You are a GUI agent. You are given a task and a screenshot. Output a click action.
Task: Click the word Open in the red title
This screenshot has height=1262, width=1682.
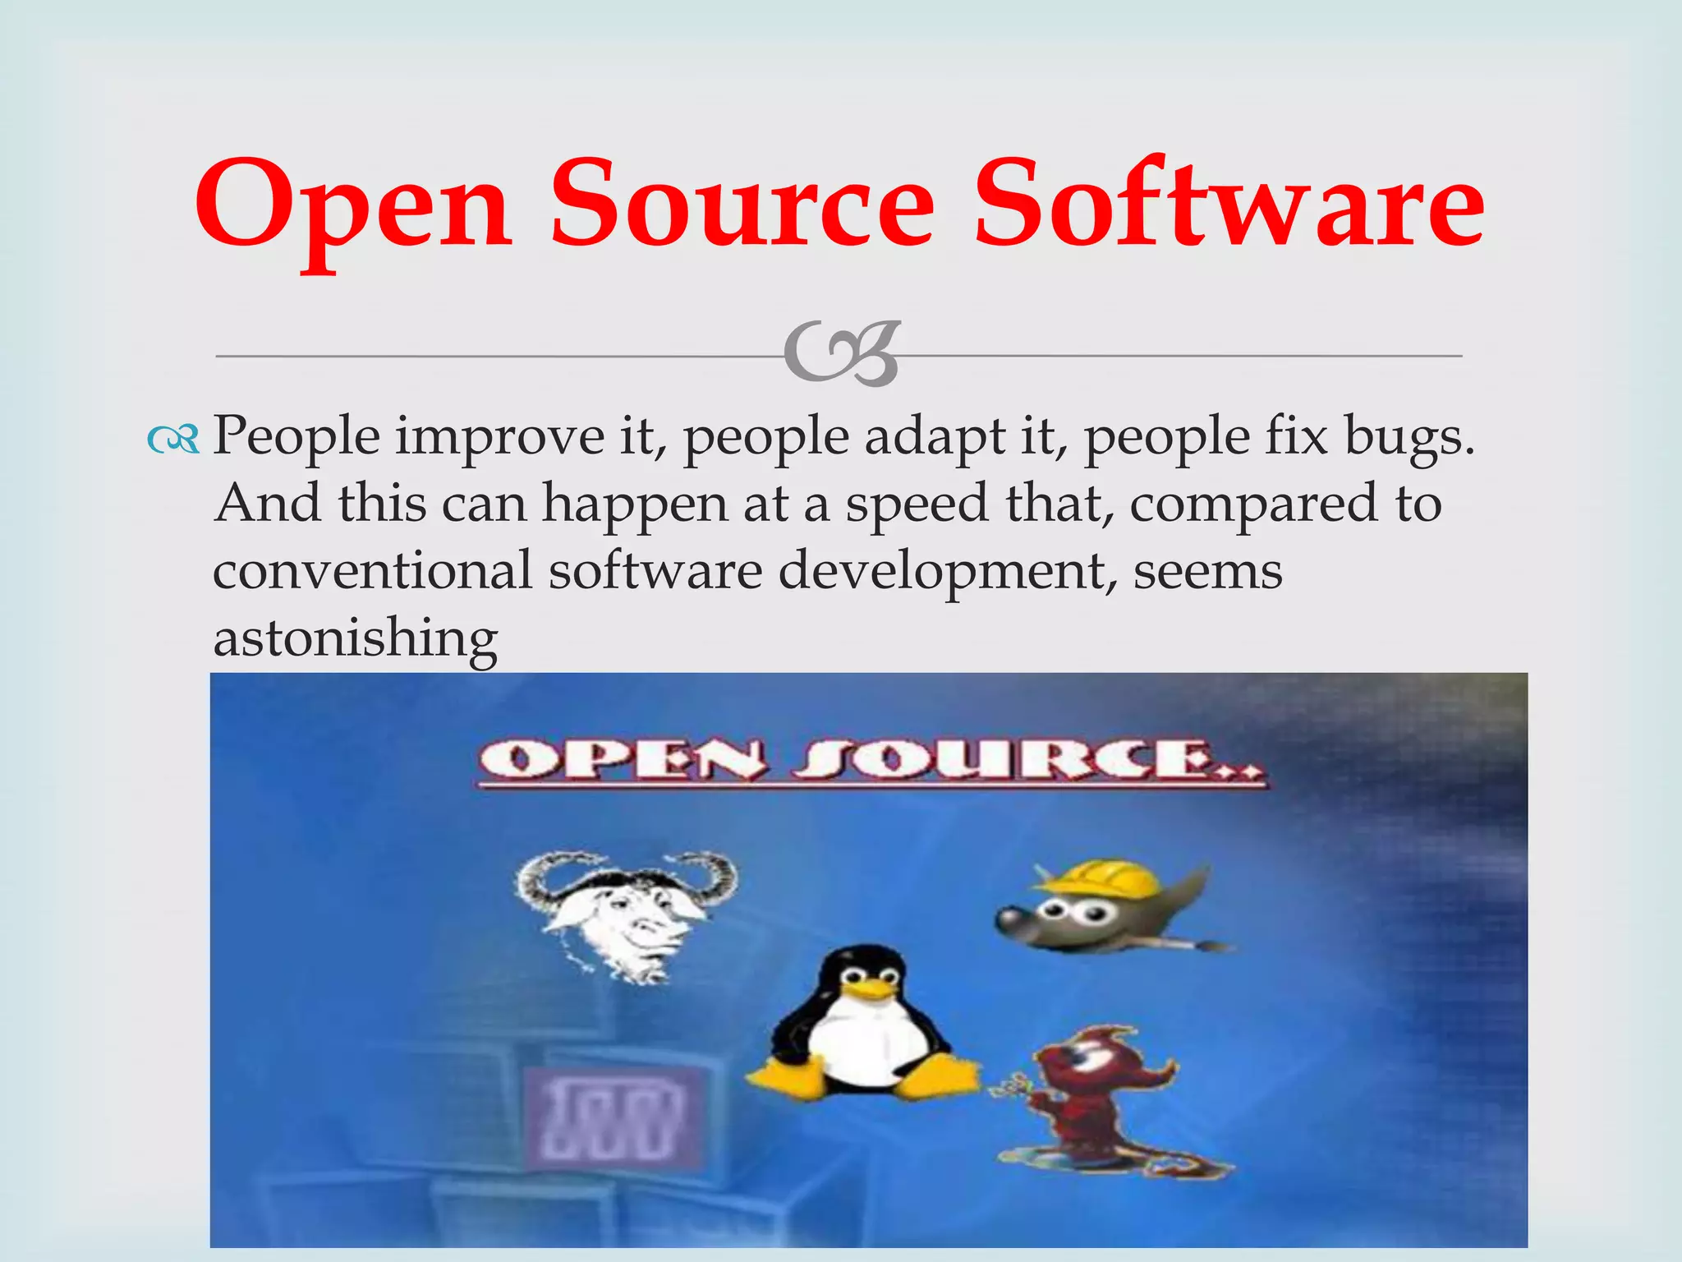353,205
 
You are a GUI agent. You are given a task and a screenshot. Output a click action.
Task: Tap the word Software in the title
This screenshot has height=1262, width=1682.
1229,205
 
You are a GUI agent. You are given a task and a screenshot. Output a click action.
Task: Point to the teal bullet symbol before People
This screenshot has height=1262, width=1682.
173,441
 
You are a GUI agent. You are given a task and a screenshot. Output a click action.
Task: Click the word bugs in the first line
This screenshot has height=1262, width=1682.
1409,437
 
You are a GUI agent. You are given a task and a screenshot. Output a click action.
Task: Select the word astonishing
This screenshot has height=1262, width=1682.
356,638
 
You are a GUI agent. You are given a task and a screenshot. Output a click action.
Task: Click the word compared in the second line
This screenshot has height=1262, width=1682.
1252,504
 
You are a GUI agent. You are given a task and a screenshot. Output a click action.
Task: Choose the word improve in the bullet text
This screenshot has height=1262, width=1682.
500,437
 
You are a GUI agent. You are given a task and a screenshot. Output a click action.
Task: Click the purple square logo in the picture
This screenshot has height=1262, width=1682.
617,1117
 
